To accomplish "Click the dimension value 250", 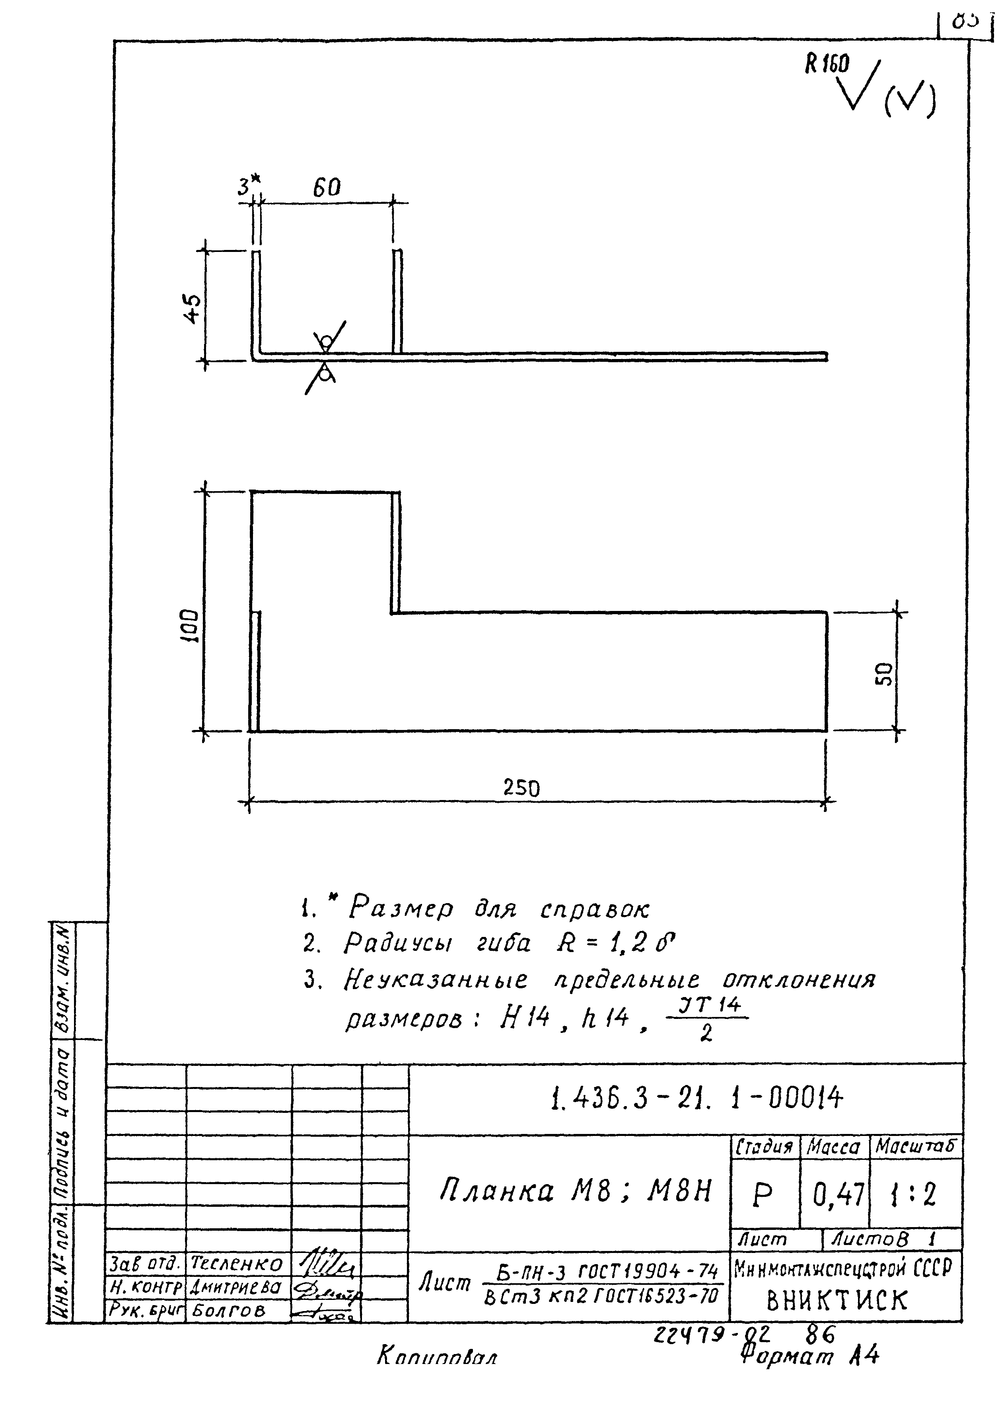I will (521, 788).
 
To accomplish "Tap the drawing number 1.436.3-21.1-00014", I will (696, 1098).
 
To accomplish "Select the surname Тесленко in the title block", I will (237, 1265).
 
